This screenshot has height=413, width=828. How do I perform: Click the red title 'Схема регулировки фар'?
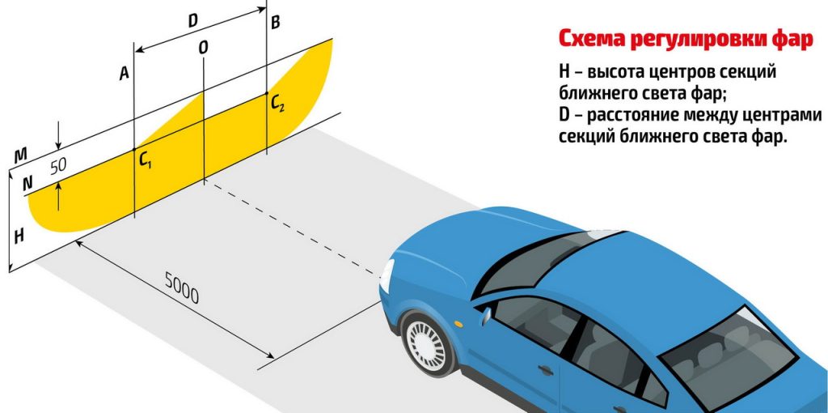tap(686, 40)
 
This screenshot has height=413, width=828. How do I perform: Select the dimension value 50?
tap(58, 166)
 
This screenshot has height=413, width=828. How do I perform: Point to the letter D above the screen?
tap(192, 20)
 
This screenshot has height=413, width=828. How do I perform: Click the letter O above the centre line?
tap(203, 48)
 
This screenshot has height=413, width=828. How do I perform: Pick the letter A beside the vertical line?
tap(124, 74)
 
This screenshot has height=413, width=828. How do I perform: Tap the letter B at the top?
tap(275, 23)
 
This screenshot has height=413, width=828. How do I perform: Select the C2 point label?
tap(277, 103)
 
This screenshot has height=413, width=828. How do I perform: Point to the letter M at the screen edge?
tap(20, 155)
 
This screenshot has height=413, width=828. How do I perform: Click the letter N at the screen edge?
tap(28, 184)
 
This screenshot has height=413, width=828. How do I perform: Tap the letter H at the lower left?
tap(19, 236)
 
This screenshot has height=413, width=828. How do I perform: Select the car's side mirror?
tap(485, 315)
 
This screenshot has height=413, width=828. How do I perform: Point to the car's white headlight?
tap(387, 275)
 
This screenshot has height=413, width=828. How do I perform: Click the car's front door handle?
tap(546, 369)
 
